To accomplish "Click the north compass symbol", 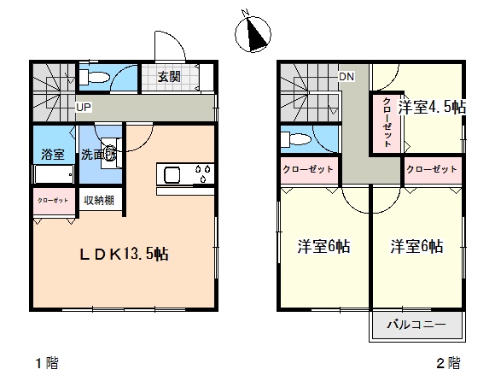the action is pos(253,33).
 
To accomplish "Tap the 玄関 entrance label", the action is pos(169,77).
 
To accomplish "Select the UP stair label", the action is pos(84,108).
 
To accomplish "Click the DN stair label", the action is pos(346,76).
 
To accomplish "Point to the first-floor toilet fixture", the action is pos(94,77).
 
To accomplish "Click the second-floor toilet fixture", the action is pos(296,139).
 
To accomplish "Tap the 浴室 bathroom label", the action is pos(53,154).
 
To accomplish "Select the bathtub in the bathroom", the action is pos(54,174).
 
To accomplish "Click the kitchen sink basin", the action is pos(172,175).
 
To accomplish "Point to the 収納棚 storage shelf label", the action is pos(99,200).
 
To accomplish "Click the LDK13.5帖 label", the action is pos(124,254).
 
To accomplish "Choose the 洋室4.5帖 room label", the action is pos(432,107).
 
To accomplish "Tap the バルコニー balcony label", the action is pos(416,325).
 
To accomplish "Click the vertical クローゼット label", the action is pos(387,122).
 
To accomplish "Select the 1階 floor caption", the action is pos(47,363).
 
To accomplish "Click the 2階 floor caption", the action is pos(448,363).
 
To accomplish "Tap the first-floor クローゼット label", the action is pos(53,200).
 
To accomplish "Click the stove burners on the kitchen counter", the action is pos(203,173).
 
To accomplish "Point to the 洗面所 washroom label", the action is pos(99,155).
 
